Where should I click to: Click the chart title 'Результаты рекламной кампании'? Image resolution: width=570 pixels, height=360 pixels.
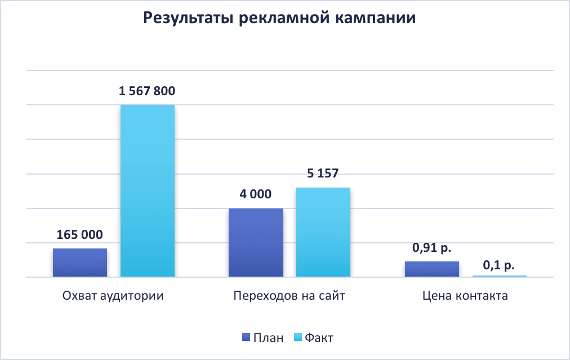(279, 18)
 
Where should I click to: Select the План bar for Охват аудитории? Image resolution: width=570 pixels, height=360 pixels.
(80, 263)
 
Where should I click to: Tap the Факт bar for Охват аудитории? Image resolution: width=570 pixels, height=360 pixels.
(148, 192)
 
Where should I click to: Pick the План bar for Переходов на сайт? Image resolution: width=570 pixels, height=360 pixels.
(256, 243)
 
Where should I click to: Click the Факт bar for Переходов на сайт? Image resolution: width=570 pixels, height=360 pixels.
(323, 232)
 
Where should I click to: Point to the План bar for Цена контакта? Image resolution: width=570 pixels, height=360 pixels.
(432, 269)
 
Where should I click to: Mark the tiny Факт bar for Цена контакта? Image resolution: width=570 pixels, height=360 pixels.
(500, 276)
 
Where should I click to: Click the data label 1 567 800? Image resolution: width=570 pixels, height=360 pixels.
(147, 91)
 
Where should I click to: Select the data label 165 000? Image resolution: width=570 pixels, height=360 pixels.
(79, 235)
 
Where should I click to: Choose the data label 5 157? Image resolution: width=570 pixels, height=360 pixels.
(323, 174)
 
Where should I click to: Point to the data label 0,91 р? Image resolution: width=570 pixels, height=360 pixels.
(432, 247)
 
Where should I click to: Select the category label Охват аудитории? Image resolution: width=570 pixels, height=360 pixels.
(113, 296)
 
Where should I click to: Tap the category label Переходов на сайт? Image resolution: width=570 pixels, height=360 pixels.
(289, 296)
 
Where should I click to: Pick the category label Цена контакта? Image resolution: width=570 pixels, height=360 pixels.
(465, 296)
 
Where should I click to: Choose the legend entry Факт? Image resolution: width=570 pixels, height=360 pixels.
(319, 337)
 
